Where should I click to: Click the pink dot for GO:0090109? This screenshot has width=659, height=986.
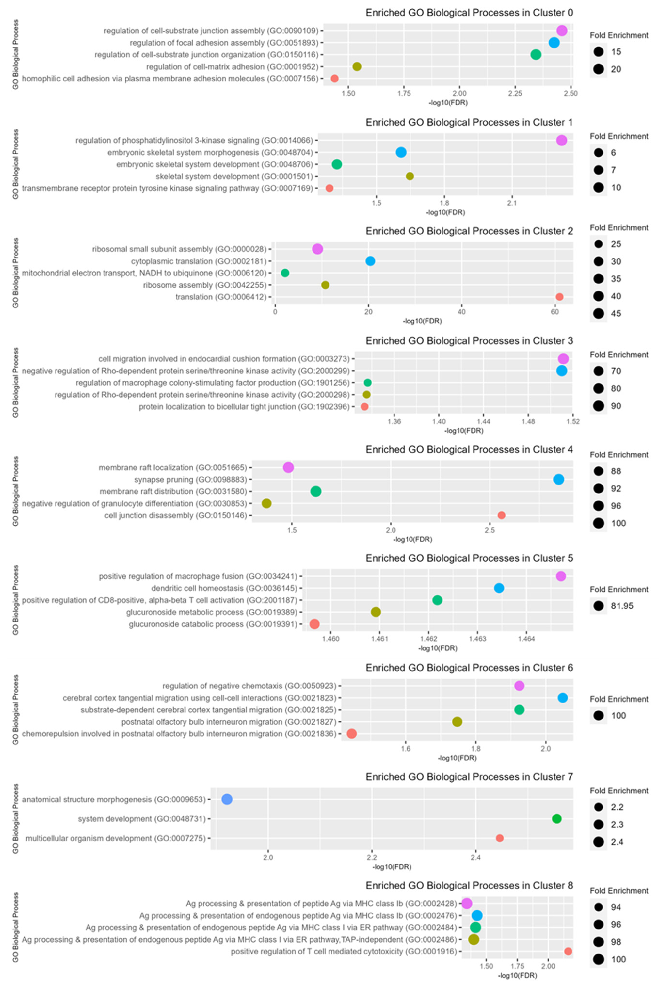(562, 31)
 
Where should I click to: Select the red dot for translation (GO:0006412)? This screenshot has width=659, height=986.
(559, 297)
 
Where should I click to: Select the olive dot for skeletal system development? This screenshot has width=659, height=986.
(410, 176)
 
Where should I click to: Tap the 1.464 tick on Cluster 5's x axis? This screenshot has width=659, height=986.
(526, 639)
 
